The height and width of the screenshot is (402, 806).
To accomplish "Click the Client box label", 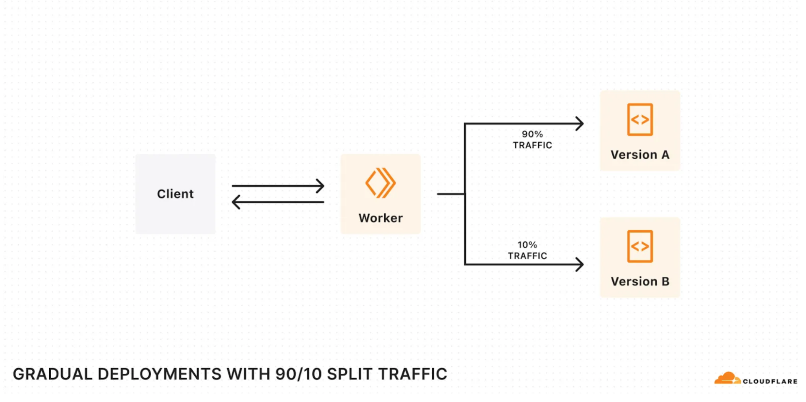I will pos(175,194).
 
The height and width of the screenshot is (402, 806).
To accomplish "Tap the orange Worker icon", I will pos(380,183).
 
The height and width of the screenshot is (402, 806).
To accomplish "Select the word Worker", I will pos(380,218).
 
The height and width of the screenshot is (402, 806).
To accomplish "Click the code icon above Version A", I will pos(639,120).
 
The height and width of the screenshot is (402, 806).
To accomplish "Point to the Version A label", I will pos(639,155).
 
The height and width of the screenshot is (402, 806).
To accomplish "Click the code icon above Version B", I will pos(639,246).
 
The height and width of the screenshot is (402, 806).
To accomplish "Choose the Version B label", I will pos(639,281).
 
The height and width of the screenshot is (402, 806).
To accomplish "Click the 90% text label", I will pos(532,134).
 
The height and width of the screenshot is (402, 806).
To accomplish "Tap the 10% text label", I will pos(527,245).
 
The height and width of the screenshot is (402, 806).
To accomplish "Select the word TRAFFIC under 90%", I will pos(532,145).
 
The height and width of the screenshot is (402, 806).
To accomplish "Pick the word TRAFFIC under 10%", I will pos(527,256).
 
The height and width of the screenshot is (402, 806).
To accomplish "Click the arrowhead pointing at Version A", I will pos(580,123).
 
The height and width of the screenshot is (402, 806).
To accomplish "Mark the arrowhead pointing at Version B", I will pos(580,265).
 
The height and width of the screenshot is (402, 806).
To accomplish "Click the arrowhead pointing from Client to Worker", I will pos(321,186).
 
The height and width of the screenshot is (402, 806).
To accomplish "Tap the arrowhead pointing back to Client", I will pos(236,202).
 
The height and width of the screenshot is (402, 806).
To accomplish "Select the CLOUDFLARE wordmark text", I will pos(770,381).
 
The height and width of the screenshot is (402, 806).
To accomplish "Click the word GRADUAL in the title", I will pos(53,374).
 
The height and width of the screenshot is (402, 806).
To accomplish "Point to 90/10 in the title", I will pos(298,374).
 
